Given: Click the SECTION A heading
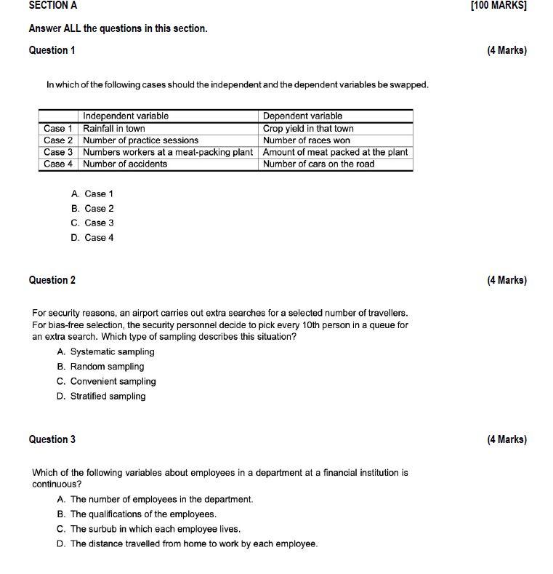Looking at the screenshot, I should point(53,5).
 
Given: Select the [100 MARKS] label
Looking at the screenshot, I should point(498,5).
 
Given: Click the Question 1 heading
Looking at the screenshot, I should point(52,50).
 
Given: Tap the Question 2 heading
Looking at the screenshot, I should point(52,280).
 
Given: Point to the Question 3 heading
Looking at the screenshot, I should point(52,439).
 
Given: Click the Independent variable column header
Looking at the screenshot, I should point(126,116).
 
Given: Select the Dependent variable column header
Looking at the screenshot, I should point(302,116).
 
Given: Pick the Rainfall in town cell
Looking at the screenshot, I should point(114,128).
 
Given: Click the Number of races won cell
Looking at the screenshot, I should point(306,140).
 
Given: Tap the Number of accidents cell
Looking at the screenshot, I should point(125,164).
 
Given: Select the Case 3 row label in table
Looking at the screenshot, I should point(58,152).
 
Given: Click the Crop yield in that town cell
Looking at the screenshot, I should point(308,128).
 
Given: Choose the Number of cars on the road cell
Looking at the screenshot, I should point(318,164).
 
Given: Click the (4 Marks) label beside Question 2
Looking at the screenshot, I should point(506,280).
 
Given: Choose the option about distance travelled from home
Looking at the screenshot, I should point(187,544).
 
